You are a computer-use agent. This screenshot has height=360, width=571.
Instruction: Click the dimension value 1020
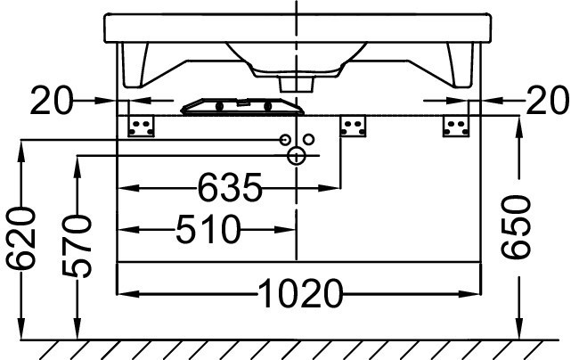(300, 293)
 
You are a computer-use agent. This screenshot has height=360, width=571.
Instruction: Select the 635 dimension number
(230, 188)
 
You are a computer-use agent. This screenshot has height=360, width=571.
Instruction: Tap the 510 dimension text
(208, 229)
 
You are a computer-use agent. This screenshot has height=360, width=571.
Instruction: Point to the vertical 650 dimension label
(515, 226)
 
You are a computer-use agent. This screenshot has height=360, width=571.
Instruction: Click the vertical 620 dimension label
(21, 239)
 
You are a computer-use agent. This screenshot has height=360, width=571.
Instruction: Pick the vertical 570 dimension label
(77, 246)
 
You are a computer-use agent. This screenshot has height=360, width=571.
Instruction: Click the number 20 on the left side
(52, 100)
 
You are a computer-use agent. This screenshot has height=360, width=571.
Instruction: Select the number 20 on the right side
(548, 100)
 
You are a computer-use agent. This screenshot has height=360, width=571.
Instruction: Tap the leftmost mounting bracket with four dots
(141, 126)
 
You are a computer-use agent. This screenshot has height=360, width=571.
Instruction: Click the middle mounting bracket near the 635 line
(353, 126)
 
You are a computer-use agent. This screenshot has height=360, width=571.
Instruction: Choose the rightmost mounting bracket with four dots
(456, 126)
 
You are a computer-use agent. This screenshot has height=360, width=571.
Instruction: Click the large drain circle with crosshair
(297, 156)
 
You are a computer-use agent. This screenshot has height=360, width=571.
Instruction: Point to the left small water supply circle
(285, 139)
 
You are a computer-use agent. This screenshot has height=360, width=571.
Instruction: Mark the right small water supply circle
(309, 139)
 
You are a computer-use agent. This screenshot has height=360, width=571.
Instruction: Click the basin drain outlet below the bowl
(297, 84)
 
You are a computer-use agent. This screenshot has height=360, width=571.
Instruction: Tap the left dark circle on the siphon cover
(219, 107)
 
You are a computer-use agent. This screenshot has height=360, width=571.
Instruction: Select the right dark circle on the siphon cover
(268, 107)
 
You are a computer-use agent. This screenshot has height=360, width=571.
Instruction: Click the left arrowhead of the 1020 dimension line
(127, 294)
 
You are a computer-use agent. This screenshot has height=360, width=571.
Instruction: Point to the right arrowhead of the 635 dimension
(330, 188)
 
